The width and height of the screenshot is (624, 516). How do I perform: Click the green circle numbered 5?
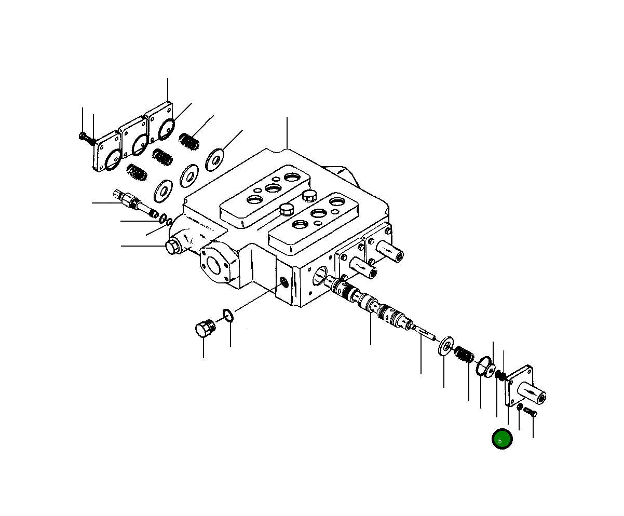502,439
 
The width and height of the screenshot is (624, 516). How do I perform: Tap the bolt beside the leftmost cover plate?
87,139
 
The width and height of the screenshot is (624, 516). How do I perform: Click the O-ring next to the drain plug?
228,316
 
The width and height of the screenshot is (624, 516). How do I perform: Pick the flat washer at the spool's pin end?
446,346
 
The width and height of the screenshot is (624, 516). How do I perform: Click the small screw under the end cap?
530,412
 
